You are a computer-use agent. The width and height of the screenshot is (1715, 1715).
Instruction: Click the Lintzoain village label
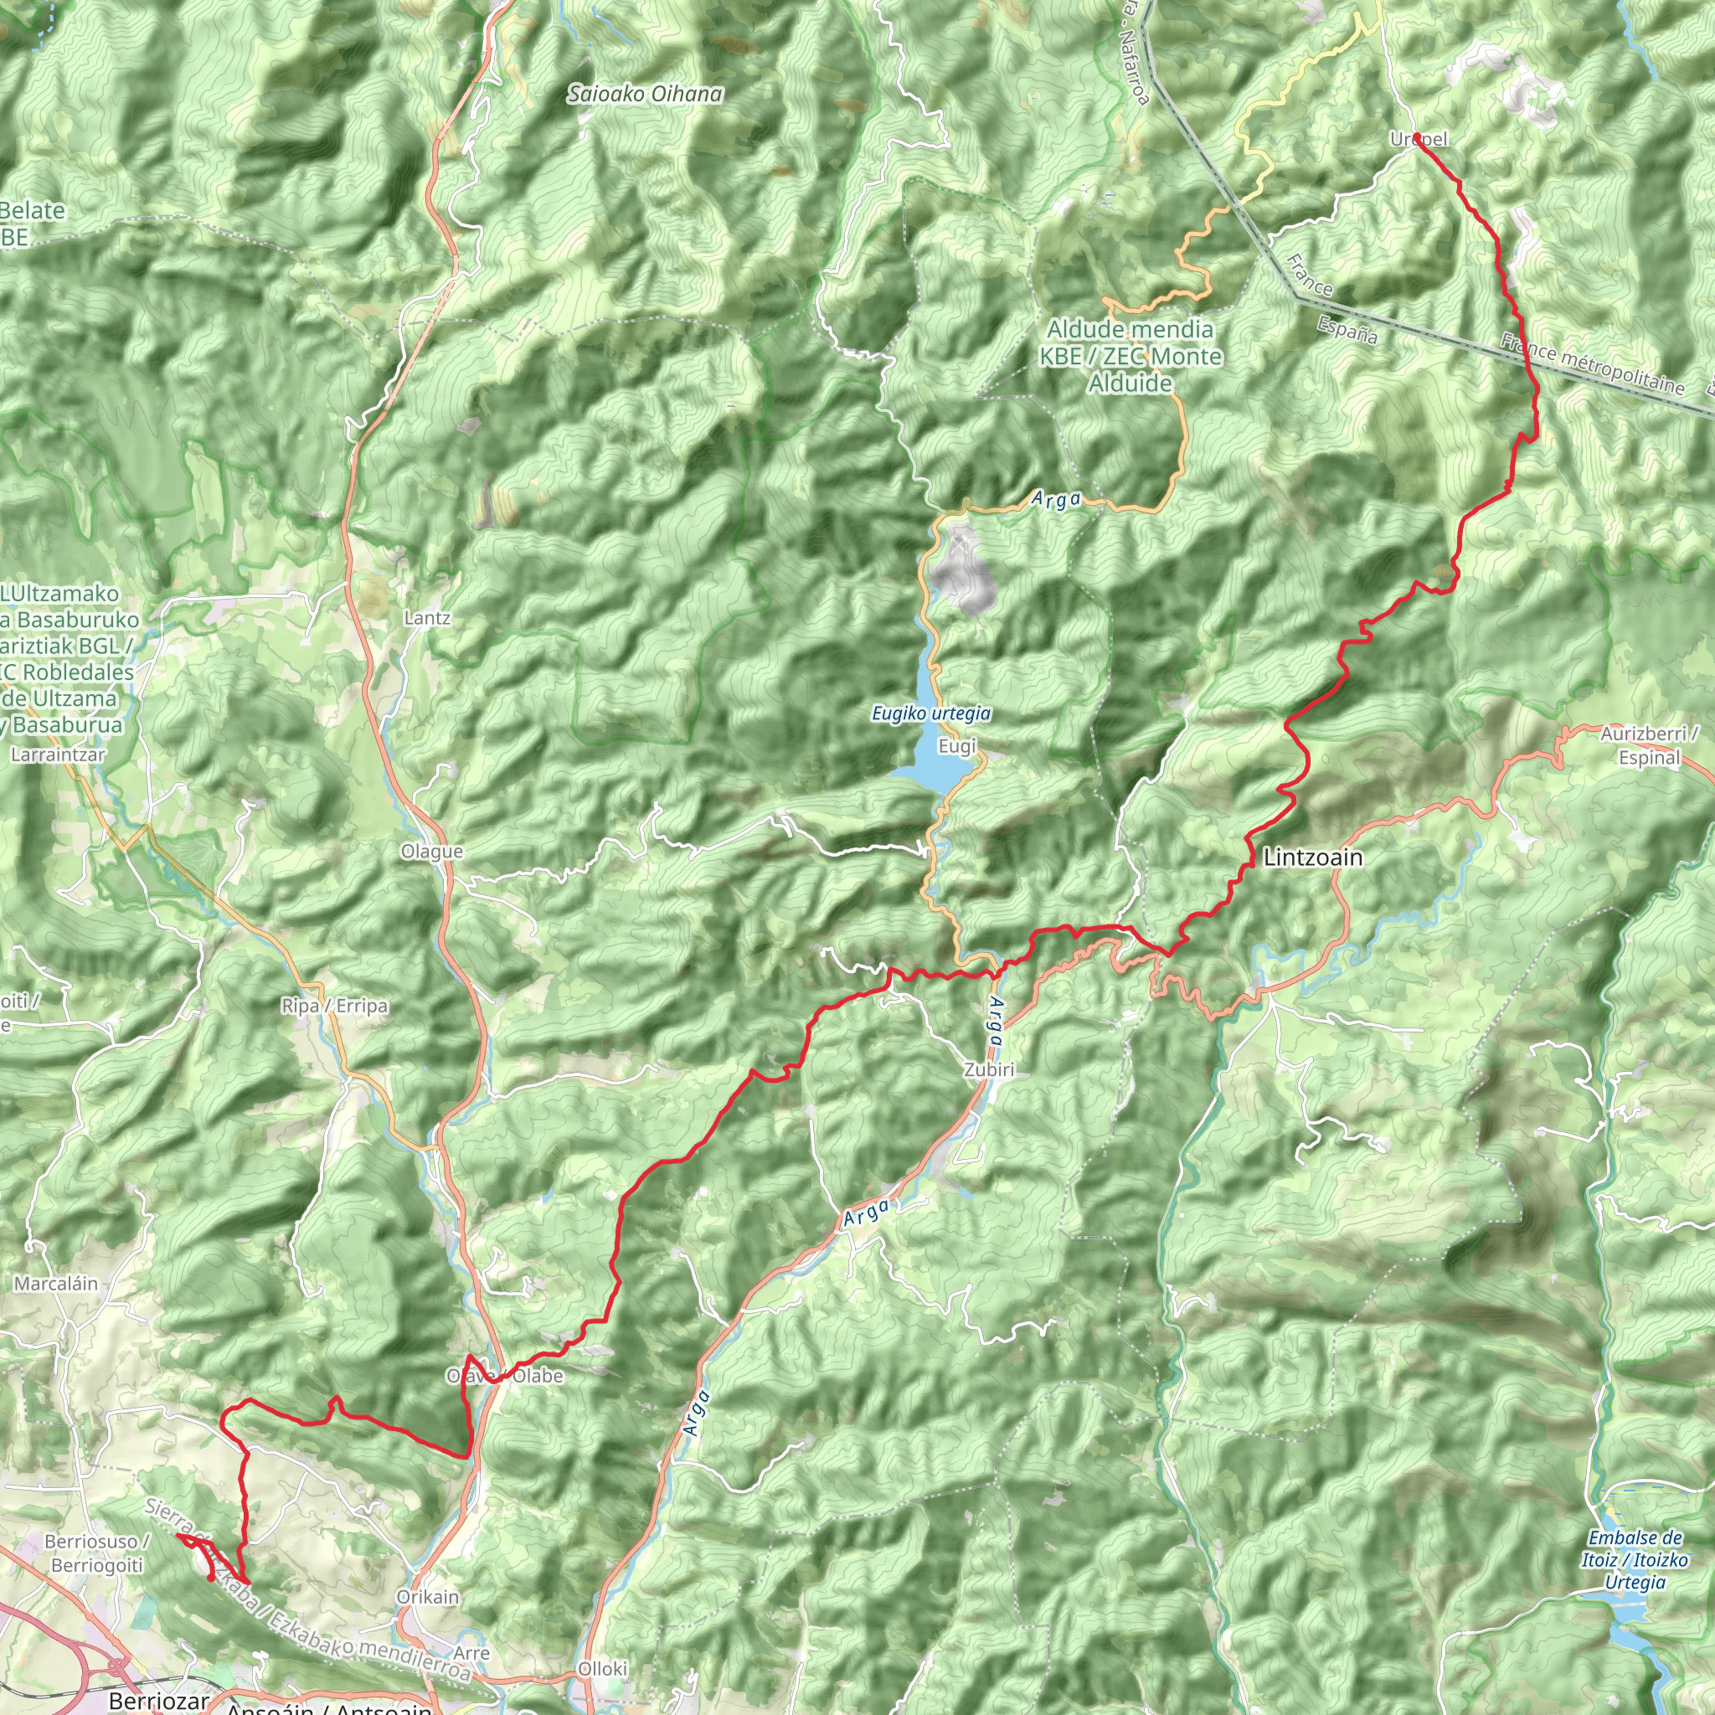(x=1312, y=857)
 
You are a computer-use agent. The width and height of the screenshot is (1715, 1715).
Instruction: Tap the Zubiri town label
(x=989, y=1069)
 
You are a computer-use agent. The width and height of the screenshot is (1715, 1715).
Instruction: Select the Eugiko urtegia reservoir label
(x=931, y=713)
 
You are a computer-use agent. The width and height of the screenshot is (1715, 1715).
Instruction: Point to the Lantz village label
(x=427, y=618)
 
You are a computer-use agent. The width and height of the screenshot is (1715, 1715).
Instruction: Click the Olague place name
(x=431, y=852)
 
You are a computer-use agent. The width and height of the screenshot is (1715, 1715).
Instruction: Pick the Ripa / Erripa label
(x=334, y=1006)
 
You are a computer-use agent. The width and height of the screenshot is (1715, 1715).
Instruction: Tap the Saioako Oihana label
(x=646, y=93)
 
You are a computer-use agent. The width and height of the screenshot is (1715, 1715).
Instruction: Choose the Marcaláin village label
(x=56, y=1284)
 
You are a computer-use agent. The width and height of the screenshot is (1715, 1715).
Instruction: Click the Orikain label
(x=428, y=1597)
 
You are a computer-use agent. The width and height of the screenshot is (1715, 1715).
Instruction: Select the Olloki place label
(x=603, y=1669)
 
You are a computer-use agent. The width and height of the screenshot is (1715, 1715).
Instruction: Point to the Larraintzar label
(x=58, y=755)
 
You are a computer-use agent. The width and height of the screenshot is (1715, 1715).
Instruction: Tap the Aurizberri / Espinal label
(x=1650, y=745)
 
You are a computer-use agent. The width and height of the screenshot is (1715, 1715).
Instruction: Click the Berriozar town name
(x=159, y=1701)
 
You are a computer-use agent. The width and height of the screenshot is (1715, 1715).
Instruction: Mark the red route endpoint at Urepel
(x=1418, y=136)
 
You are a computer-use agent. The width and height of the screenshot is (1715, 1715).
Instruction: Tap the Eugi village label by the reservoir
(x=957, y=746)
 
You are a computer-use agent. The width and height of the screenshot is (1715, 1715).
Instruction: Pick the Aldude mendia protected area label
(x=1130, y=356)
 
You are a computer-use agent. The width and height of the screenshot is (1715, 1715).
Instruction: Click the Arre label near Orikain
(x=471, y=1653)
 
